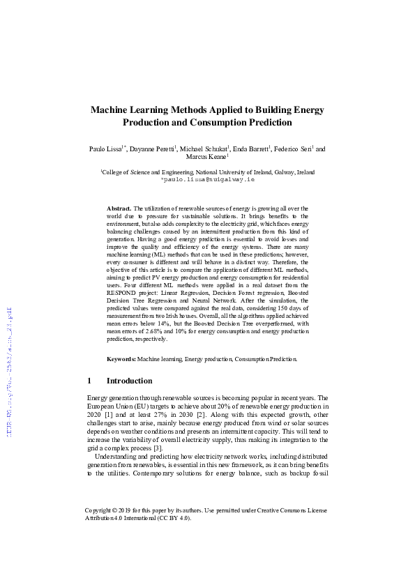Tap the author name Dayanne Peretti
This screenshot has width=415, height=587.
coord(152,149)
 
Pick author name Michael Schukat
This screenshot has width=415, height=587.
coord(204,149)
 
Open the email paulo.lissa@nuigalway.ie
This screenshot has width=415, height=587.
coord(207,179)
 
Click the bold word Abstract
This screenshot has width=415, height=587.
coord(119,208)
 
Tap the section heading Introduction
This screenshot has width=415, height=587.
coord(129,381)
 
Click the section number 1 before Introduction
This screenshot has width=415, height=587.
coord(89,381)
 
